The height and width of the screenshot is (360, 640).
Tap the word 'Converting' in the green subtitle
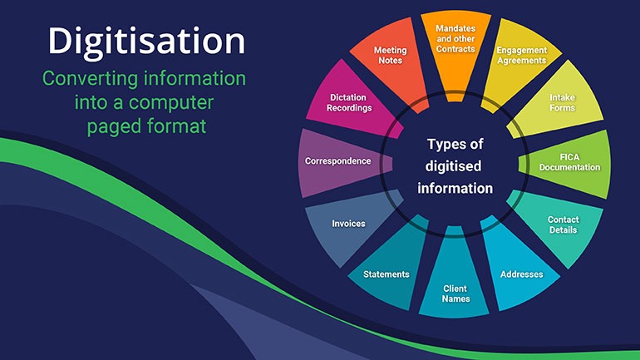pyautogui.click(x=90, y=80)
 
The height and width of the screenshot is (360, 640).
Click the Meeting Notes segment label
pyautogui.click(x=390, y=55)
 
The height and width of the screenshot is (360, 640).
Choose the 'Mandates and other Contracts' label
pyautogui.click(x=455, y=39)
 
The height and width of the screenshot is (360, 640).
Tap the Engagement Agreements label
pyautogui.click(x=522, y=55)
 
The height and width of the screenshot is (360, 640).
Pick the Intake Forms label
pyautogui.click(x=562, y=102)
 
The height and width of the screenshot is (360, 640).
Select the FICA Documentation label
pyautogui.click(x=570, y=162)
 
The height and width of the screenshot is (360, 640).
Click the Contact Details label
pyautogui.click(x=564, y=224)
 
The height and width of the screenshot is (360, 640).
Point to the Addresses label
pyautogui.click(x=522, y=274)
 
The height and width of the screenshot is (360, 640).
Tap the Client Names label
pyautogui.click(x=455, y=293)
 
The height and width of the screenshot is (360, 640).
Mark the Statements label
pyautogui.click(x=386, y=274)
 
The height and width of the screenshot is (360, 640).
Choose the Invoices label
pyautogui.click(x=348, y=224)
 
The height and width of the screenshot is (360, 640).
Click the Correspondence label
pyautogui.click(x=338, y=161)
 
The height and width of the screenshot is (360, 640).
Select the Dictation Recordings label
pyautogui.click(x=349, y=102)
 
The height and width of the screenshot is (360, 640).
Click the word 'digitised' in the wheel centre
pyautogui.click(x=453, y=167)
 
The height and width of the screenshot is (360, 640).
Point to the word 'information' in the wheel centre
pyautogui.click(x=455, y=188)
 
